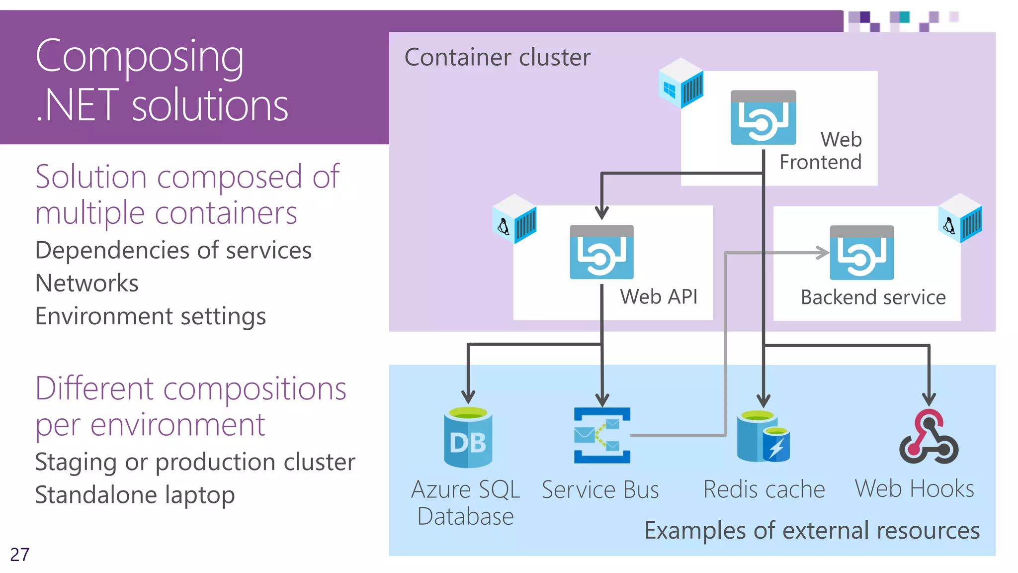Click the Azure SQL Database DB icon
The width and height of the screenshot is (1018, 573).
click(x=468, y=438)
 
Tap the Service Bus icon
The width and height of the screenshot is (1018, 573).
click(x=602, y=435)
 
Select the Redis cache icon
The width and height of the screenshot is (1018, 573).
click(x=763, y=436)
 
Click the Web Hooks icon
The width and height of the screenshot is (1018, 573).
click(x=929, y=437)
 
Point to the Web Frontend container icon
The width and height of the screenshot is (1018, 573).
click(x=763, y=118)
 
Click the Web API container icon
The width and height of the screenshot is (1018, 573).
click(x=601, y=252)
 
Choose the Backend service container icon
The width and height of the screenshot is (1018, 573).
click(x=861, y=253)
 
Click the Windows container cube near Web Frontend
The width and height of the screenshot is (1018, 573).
click(x=680, y=83)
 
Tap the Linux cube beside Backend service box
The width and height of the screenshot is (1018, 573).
click(x=960, y=218)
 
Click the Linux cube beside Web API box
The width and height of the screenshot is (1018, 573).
click(x=514, y=219)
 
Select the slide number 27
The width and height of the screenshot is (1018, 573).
click(x=20, y=555)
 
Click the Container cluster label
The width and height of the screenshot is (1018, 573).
click(x=497, y=57)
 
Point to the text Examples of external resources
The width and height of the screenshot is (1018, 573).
click(x=812, y=530)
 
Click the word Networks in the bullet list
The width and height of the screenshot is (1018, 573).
click(x=87, y=283)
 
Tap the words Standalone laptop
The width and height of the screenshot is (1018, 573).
click(x=135, y=495)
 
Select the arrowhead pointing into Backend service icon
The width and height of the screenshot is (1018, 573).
click(x=823, y=253)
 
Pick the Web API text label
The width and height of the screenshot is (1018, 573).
click(x=659, y=296)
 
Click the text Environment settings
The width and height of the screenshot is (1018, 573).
click(x=151, y=316)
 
